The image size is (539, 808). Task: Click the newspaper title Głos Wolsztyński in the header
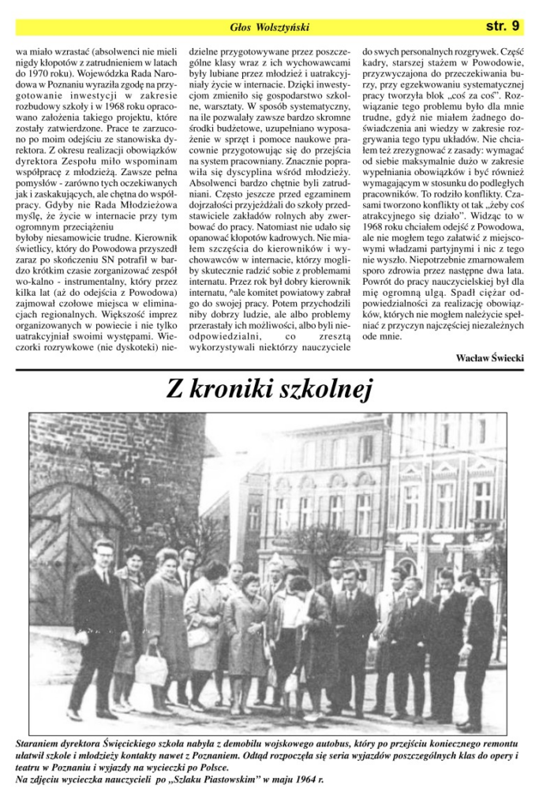tap(269, 28)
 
